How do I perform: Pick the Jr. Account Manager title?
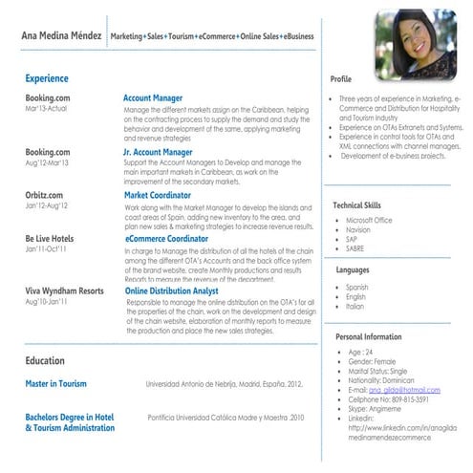click(158, 151)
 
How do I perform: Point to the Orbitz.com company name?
click(45, 194)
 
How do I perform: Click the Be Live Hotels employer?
click(50, 238)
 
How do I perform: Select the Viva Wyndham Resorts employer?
click(64, 290)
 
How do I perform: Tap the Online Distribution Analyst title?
click(172, 290)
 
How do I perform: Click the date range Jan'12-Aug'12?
click(47, 205)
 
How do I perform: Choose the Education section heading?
click(45, 361)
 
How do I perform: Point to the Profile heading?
click(341, 78)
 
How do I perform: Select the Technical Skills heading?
click(356, 204)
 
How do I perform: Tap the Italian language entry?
click(355, 307)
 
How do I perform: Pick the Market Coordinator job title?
click(158, 194)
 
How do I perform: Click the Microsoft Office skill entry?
click(369, 220)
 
